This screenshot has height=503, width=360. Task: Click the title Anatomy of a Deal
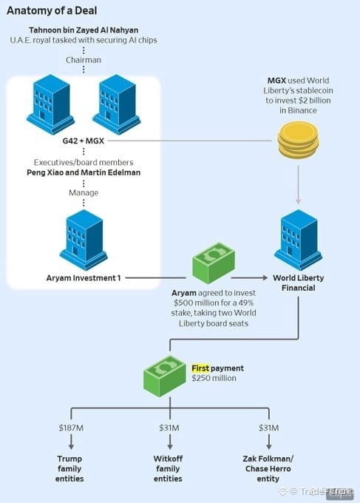[x=52, y=10]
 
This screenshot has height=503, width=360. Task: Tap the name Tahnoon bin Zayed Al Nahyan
[x=84, y=30]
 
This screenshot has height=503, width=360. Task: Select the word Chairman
[x=84, y=60]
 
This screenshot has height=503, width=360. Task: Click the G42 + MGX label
[x=84, y=141]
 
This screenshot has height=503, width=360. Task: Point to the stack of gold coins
[x=298, y=141]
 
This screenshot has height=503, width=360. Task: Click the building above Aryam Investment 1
[x=84, y=240]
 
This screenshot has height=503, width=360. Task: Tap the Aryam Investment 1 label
[x=84, y=278]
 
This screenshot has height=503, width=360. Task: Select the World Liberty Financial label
[x=298, y=283]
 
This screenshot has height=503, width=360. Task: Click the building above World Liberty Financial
[x=298, y=240]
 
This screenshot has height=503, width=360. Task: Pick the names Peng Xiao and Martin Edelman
[x=84, y=172]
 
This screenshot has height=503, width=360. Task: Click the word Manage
[x=84, y=192]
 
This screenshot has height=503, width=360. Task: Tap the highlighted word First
[x=200, y=368]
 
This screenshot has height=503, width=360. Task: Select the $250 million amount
[x=214, y=378]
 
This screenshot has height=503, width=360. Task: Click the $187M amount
[x=71, y=428]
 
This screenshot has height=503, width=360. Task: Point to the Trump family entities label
[x=69, y=469]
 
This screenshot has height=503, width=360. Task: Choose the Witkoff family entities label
[x=168, y=469]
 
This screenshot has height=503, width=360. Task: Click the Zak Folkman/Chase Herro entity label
[x=268, y=469]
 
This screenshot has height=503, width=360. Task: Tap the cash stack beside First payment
[x=164, y=376]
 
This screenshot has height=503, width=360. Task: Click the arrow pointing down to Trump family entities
[x=71, y=442]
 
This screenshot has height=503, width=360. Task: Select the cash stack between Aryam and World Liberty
[x=214, y=263]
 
